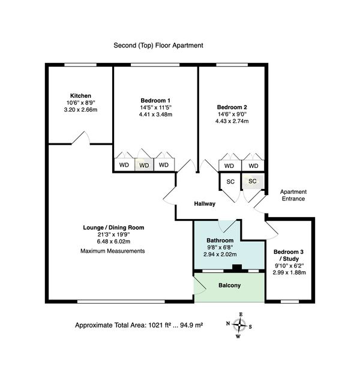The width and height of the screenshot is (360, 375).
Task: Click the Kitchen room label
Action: click(80, 95)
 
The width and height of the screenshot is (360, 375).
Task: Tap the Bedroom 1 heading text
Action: click(155, 100)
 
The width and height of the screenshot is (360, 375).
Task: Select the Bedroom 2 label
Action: click(232, 107)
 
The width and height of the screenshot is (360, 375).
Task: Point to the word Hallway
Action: click(205, 204)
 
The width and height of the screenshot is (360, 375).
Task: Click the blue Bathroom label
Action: click(220, 241)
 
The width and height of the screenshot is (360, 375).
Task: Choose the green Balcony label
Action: click(229, 286)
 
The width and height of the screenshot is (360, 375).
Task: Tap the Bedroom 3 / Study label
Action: click(289, 255)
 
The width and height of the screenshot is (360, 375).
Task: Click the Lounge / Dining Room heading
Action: click(113, 227)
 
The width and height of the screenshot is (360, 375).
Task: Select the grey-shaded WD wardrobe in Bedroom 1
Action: click(144, 165)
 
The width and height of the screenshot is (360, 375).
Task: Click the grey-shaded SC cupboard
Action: click(253, 181)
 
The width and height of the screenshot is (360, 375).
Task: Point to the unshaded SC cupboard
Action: click(230, 182)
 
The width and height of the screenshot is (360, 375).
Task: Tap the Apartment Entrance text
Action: click(293, 195)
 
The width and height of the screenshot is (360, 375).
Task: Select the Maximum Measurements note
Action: click(113, 251)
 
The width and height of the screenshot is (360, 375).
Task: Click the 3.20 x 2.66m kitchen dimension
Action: click(80, 110)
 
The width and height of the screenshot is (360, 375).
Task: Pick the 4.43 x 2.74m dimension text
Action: click(232, 121)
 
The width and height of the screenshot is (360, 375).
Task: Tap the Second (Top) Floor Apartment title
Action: click(158, 46)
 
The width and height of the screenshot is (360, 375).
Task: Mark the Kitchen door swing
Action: click(81, 138)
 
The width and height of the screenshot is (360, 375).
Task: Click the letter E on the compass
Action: click(241, 314)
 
